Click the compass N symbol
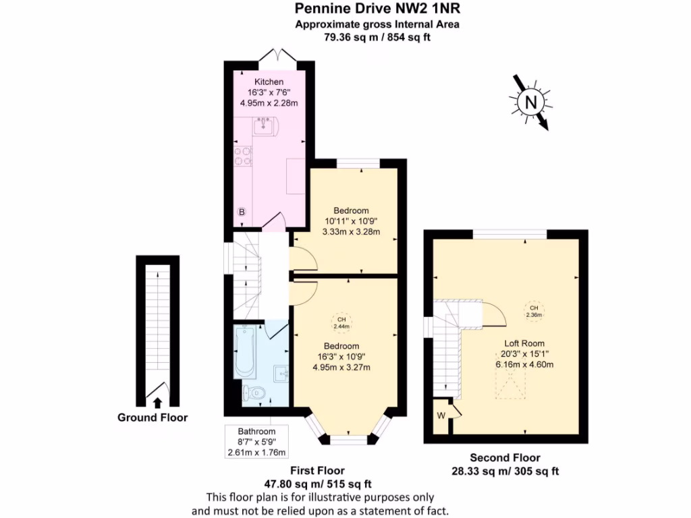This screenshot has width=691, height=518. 531,103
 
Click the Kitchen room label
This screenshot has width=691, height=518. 269,82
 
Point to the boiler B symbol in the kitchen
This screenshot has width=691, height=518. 242,212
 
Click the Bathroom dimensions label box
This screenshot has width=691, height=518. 256,442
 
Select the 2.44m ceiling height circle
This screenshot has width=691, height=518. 341,323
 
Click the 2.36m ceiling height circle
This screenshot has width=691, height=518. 534,310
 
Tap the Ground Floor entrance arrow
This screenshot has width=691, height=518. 157,403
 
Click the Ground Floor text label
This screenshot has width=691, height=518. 153,418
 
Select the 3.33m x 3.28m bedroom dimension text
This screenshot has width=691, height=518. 352,231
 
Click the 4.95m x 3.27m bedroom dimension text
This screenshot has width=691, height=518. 341,367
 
